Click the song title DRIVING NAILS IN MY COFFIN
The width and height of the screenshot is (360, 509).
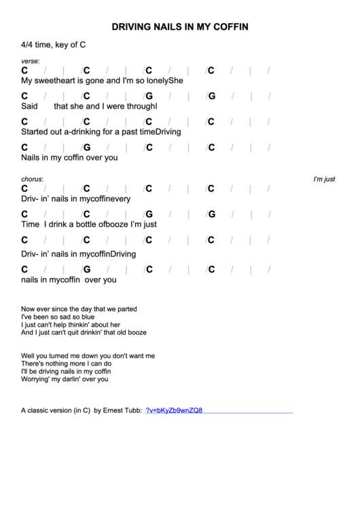tap(179, 27)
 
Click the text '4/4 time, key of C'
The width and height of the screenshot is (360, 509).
tap(53, 45)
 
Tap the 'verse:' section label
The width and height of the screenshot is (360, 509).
tap(30, 61)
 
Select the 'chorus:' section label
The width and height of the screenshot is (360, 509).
tap(32, 179)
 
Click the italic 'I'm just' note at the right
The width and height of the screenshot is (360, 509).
tap(324, 179)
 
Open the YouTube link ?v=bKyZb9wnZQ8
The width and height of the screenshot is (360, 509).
tap(174, 410)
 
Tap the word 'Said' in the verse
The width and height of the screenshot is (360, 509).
tap(29, 106)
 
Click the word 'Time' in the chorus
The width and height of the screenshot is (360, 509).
tap(31, 224)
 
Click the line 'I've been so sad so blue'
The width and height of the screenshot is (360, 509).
tap(58, 317)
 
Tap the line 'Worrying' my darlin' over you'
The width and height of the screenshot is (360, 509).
tap(65, 379)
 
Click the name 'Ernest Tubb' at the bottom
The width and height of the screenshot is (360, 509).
tap(122, 410)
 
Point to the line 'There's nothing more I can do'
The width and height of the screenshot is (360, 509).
tap(66, 364)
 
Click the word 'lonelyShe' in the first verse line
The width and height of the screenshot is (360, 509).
tap(167, 80)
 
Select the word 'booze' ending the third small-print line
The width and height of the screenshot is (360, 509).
tap(135, 333)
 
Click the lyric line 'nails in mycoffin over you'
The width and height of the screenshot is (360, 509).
tap(69, 279)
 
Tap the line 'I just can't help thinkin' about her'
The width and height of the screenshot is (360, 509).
tap(71, 325)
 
